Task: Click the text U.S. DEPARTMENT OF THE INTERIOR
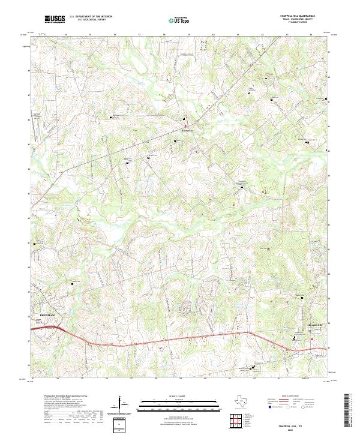point(91,16)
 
